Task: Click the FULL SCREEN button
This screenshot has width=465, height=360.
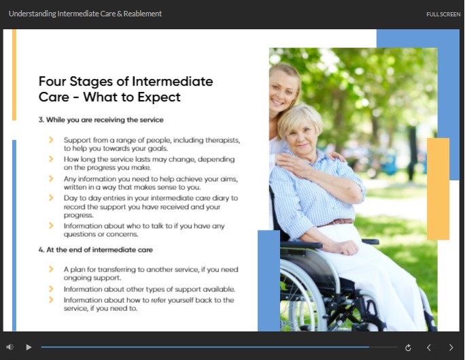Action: coord(443,14)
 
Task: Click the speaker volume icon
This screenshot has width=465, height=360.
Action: coord(10,347)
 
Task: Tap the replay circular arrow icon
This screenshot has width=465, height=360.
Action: coord(408,348)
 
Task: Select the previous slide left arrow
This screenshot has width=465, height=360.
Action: coord(428,348)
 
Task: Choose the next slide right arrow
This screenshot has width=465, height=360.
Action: coord(451,348)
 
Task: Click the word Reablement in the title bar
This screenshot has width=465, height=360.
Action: coord(143,14)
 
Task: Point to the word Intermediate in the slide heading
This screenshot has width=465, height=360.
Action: coord(172,81)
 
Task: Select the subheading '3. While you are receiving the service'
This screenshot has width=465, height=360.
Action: coord(101,120)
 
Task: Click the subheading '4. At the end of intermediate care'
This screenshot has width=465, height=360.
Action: coord(95,250)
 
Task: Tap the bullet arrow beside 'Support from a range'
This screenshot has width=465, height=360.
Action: coord(51,140)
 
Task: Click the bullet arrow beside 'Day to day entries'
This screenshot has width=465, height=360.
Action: coord(51,197)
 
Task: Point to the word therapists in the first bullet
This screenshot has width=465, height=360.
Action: coord(223,140)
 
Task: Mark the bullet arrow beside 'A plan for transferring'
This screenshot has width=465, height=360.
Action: coord(51,269)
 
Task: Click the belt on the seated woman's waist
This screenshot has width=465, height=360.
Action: coord(336,223)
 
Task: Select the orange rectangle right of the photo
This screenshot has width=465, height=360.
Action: coord(438,189)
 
